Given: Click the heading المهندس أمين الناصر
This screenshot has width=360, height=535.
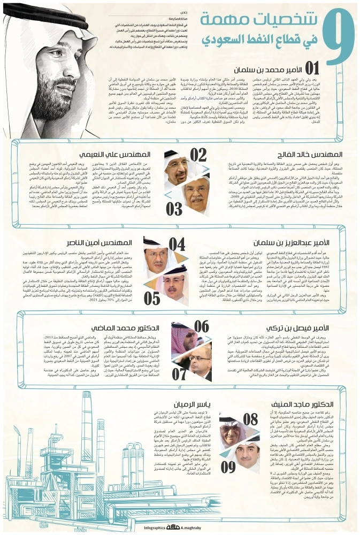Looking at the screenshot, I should coord(114,242).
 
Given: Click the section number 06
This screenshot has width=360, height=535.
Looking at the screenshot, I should coord(201,326).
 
